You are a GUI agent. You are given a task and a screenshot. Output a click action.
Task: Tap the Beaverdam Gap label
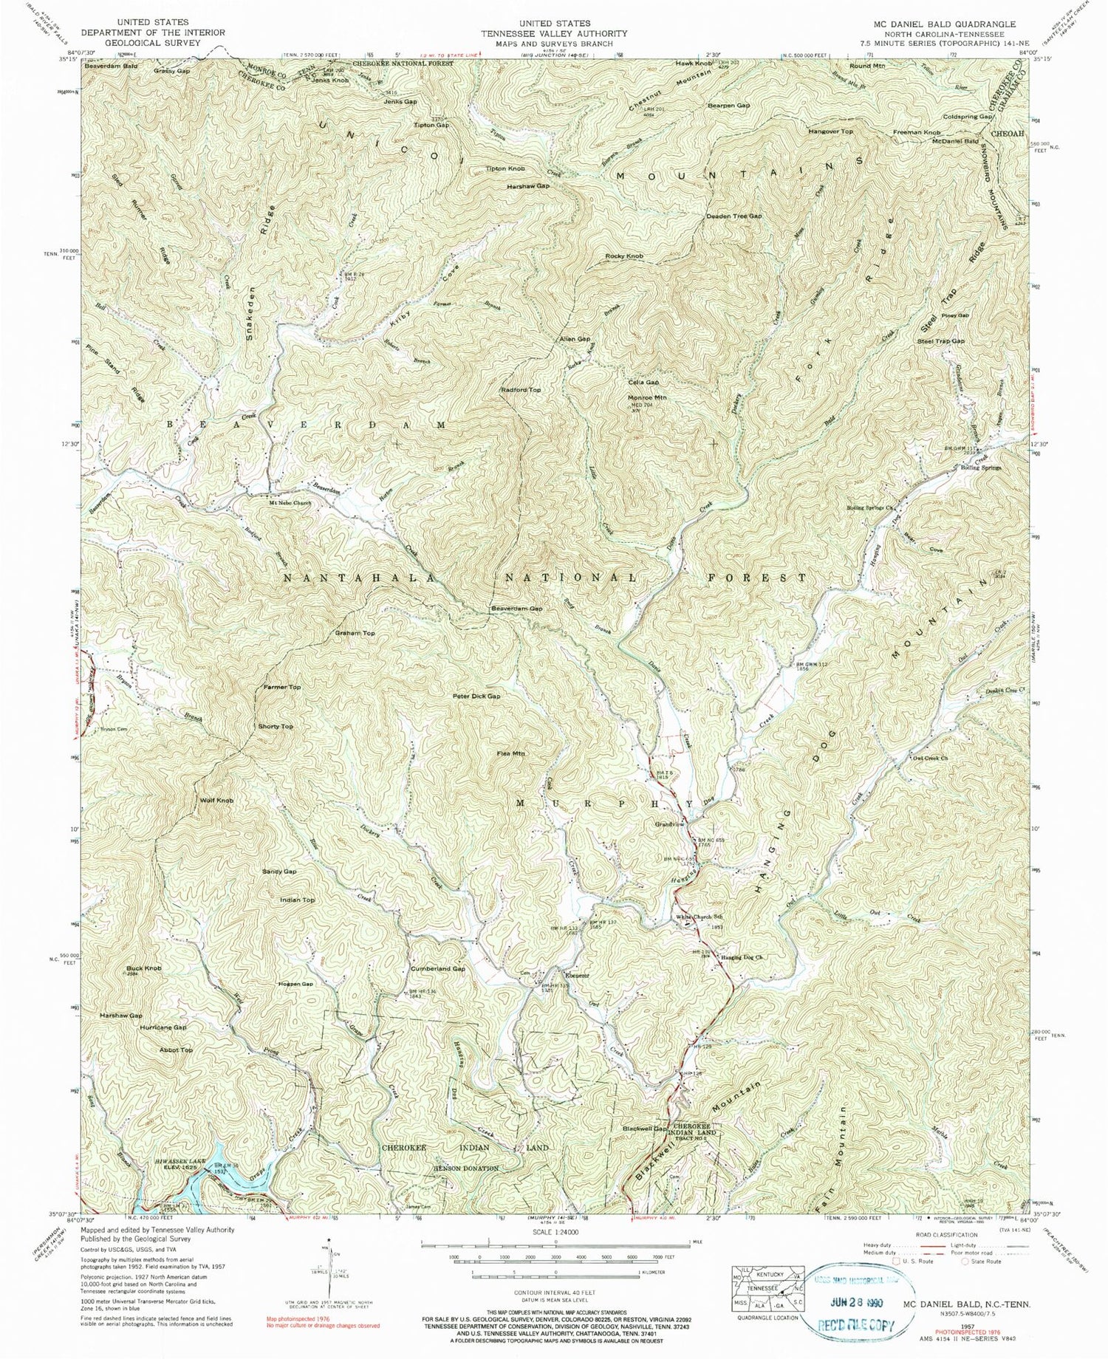click(517, 609)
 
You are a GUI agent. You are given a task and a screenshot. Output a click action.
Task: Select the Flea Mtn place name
click(510, 754)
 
